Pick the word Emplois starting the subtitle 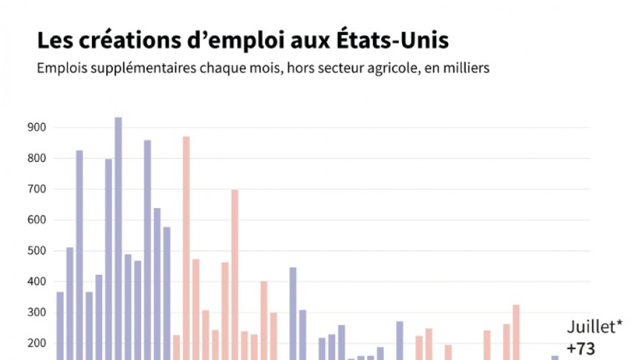pyautogui.click(x=59, y=69)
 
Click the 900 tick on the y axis pyautogui.click(x=36, y=128)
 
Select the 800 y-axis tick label pyautogui.click(x=36, y=159)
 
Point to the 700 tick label pyautogui.click(x=36, y=189)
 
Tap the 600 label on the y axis pyautogui.click(x=36, y=220)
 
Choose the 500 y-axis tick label pyautogui.click(x=36, y=251)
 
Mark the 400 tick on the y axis pyautogui.click(x=36, y=282)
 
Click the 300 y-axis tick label pyautogui.click(x=36, y=313)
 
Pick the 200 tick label pyautogui.click(x=36, y=343)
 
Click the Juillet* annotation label pyautogui.click(x=595, y=329)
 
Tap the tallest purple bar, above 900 pyautogui.click(x=118, y=236)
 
